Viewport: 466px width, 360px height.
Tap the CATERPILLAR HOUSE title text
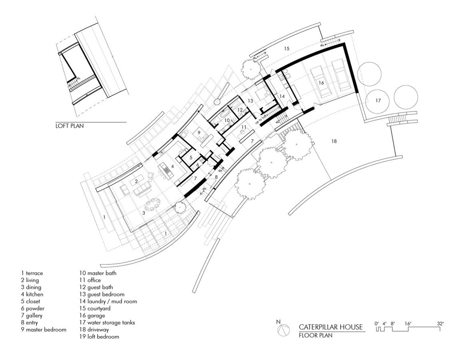[331, 327]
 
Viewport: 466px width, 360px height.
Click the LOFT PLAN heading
[70, 126]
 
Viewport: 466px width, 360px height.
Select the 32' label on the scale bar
[440, 324]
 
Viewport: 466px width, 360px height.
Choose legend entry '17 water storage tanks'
[107, 322]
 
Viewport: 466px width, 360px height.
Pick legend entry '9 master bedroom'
[44, 330]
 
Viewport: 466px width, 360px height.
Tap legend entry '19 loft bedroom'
[99, 337]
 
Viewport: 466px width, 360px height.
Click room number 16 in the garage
[321, 83]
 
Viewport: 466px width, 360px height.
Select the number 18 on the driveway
[334, 141]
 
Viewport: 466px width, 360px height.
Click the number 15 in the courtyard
[286, 48]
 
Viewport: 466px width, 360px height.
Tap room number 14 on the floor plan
[282, 96]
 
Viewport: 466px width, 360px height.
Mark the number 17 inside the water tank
[378, 100]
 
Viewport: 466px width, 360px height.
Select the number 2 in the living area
[136, 181]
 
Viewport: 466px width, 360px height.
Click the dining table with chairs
[153, 204]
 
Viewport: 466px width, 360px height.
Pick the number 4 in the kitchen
[172, 166]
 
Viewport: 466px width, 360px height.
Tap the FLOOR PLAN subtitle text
[316, 335]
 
